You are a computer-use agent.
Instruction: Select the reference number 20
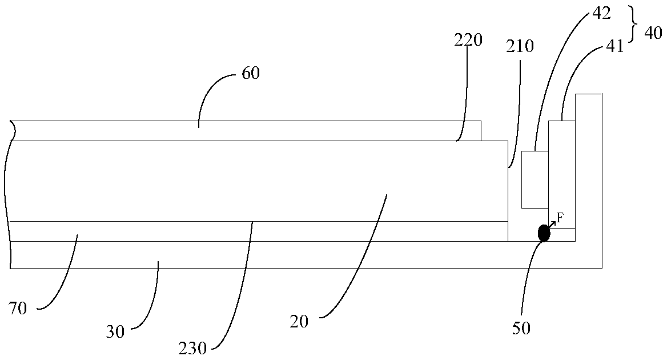coord(299,322)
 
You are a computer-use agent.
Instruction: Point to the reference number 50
coord(522,328)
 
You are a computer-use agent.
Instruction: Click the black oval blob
coord(544,233)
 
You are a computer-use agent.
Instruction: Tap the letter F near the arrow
coord(560,217)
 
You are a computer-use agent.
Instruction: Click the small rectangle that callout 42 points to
coord(535,179)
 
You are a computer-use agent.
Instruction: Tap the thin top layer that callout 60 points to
coord(246,130)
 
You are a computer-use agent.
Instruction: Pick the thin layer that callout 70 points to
coord(257,231)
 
